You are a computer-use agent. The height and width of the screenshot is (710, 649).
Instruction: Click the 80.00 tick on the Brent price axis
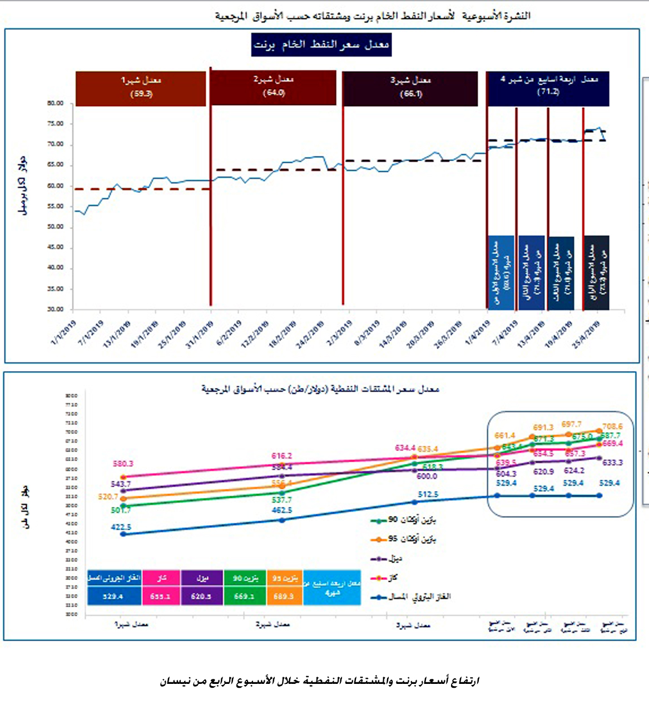(56, 103)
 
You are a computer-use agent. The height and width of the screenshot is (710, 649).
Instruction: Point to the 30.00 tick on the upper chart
(56, 309)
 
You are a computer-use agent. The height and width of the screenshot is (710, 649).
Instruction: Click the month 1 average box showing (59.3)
(141, 88)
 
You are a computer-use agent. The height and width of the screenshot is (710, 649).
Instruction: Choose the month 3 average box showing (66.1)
(410, 88)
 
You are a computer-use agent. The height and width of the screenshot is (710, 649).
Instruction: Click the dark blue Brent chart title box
(321, 45)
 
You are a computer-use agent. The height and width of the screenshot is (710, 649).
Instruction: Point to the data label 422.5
(122, 527)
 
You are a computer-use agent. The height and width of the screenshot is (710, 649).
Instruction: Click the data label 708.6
(612, 427)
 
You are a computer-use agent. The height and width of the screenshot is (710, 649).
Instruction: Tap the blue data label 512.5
(428, 494)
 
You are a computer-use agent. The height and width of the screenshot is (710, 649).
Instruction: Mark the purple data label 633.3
(612, 462)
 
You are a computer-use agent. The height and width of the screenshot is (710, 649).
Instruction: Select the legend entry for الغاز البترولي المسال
(412, 597)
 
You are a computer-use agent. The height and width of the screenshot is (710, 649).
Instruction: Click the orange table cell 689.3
(284, 596)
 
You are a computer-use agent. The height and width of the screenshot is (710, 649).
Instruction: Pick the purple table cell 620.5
(201, 596)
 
